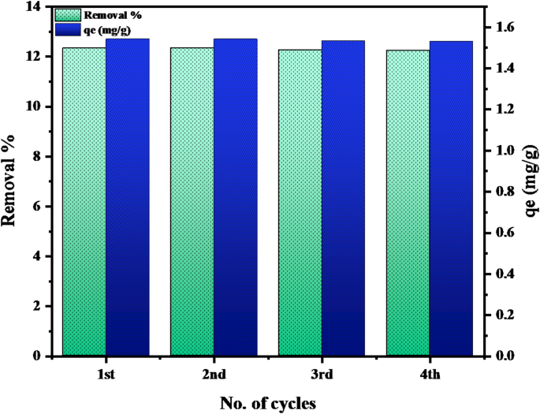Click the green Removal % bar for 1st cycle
coord(84,202)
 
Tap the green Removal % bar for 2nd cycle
coord(192,202)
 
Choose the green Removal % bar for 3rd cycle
coord(300,203)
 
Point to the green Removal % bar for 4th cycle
coord(408,203)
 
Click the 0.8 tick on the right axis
coord(502,192)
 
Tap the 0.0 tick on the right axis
coord(502,356)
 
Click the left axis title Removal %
coord(11,181)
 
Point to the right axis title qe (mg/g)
coord(530,181)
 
